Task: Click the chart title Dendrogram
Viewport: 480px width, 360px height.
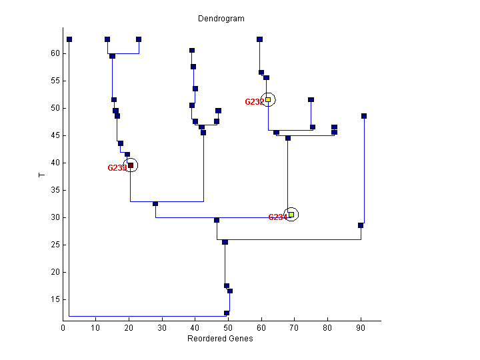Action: pyautogui.click(x=221, y=19)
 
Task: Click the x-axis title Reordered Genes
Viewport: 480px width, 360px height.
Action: pyautogui.click(x=221, y=339)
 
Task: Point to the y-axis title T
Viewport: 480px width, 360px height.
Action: pyautogui.click(x=41, y=175)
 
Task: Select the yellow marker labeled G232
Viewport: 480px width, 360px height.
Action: pyautogui.click(x=268, y=99)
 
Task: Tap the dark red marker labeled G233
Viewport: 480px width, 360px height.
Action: pyautogui.click(x=131, y=165)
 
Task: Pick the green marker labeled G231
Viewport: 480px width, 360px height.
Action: pyautogui.click(x=291, y=215)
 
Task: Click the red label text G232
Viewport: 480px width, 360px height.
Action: pyautogui.click(x=253, y=102)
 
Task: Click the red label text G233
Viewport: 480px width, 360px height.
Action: pyautogui.click(x=116, y=168)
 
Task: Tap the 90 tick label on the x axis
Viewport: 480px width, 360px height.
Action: pyautogui.click(x=361, y=328)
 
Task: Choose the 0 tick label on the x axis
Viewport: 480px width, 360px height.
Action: pyautogui.click(x=63, y=328)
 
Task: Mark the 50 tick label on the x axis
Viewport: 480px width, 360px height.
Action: pyautogui.click(x=229, y=328)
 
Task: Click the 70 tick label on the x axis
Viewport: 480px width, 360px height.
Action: pyautogui.click(x=295, y=328)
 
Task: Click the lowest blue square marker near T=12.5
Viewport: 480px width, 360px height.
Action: pyautogui.click(x=227, y=313)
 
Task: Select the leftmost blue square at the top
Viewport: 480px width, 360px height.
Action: pyautogui.click(x=69, y=39)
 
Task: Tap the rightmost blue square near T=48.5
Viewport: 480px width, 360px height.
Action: pyautogui.click(x=364, y=116)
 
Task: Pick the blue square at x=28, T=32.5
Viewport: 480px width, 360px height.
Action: pyautogui.click(x=155, y=204)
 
